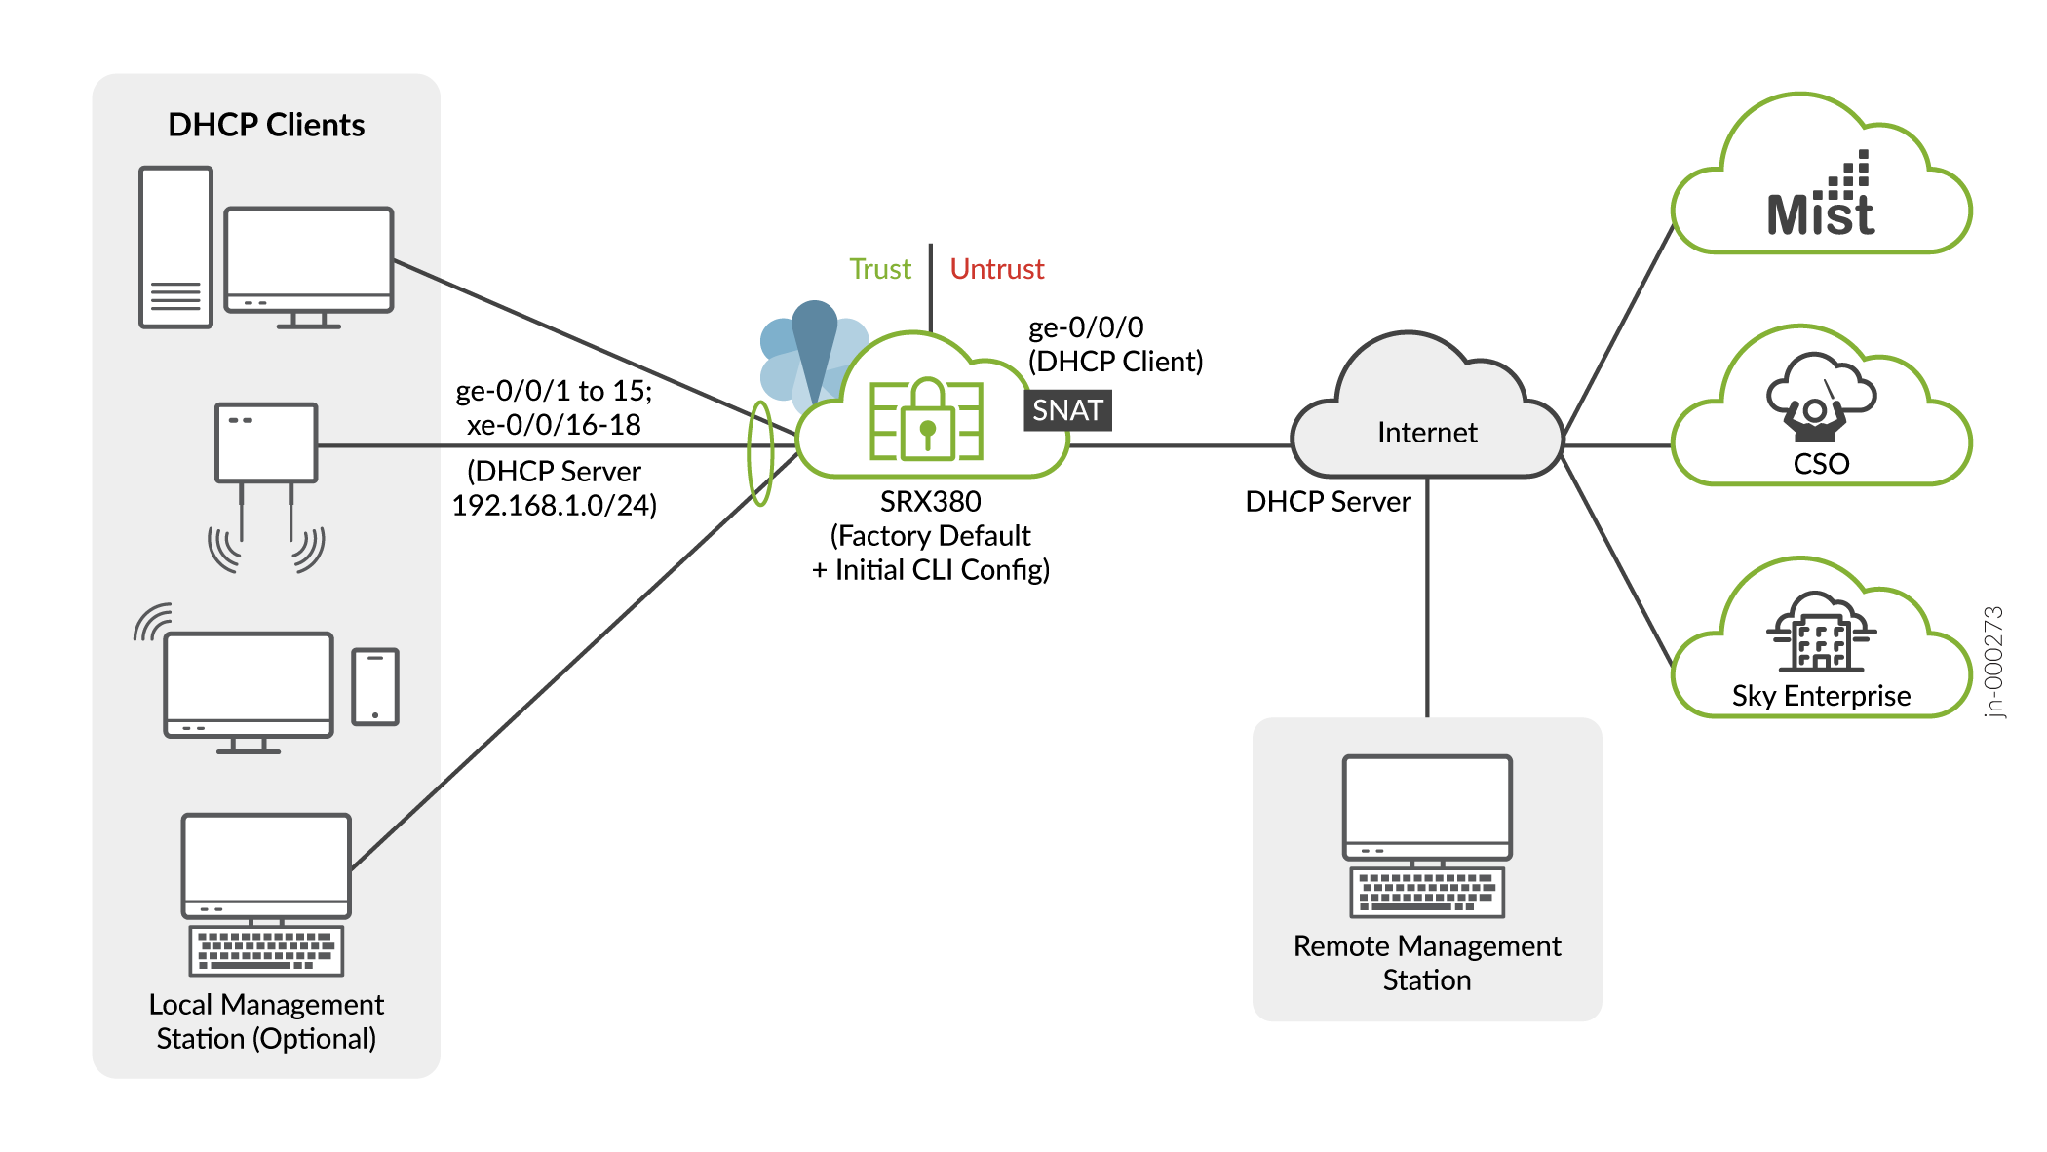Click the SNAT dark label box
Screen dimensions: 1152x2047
coord(1067,410)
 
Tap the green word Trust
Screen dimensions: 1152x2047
coord(879,269)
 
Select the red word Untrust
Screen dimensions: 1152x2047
coord(996,269)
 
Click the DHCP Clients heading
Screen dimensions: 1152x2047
coord(266,125)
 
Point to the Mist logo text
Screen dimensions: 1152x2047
coord(1820,214)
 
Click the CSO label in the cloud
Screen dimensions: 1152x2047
coord(1821,463)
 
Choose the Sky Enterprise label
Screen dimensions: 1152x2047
coord(1821,696)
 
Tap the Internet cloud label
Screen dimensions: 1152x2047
coord(1427,432)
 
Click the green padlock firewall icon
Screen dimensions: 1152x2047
coord(927,420)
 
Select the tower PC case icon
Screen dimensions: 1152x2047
coord(175,247)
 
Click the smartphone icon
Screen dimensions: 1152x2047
coord(375,686)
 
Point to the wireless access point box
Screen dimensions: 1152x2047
coord(266,442)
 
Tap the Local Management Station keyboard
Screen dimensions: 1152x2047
coord(266,951)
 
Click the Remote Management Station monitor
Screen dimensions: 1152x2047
coord(1427,806)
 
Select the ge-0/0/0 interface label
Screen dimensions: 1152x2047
coord(1086,327)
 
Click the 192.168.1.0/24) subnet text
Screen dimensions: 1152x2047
coord(554,506)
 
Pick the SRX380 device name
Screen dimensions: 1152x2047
coord(930,502)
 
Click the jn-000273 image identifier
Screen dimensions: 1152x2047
coord(1994,662)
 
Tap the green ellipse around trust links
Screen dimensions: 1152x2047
coord(760,453)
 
